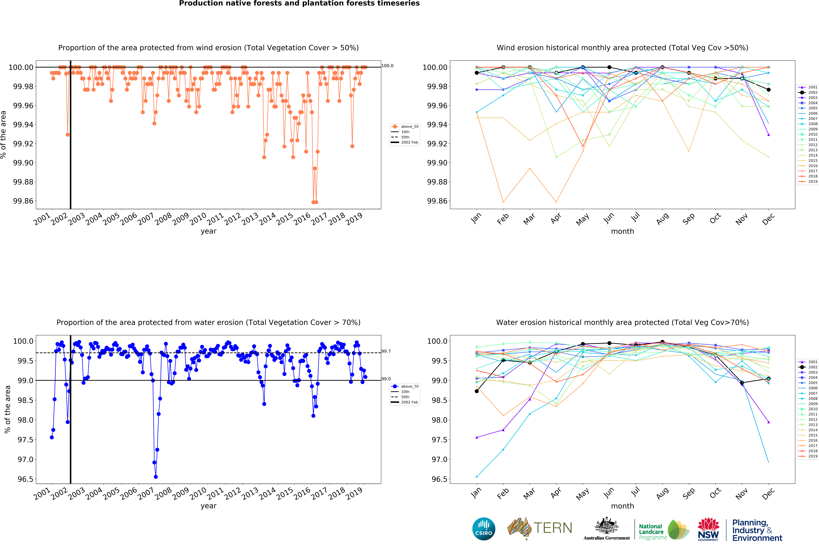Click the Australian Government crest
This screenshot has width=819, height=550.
[x=606, y=526]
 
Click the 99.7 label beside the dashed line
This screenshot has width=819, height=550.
[x=386, y=351]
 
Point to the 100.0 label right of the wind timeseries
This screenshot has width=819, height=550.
[x=387, y=66]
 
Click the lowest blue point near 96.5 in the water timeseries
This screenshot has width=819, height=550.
[x=156, y=477]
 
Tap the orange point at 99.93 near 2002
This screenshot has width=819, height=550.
[x=68, y=135]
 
